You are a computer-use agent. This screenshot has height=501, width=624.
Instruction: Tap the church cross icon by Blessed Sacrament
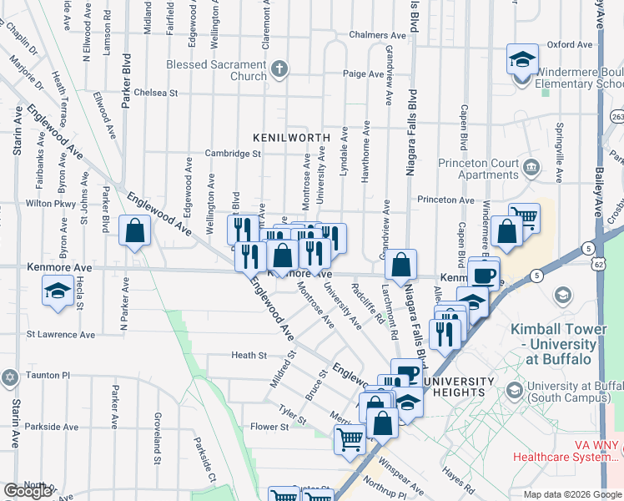281,69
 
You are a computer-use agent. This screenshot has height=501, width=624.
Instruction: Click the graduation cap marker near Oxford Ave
522,61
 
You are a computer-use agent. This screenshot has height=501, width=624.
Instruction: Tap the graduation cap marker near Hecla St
57,292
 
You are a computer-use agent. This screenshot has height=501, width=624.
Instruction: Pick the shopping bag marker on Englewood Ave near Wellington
134,231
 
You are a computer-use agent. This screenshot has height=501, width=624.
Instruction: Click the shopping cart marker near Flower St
350,438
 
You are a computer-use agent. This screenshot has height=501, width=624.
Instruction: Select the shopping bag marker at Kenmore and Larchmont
401,265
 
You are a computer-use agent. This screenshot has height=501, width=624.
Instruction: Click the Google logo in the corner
28,491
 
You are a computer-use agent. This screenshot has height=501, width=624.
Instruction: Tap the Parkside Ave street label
52,427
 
